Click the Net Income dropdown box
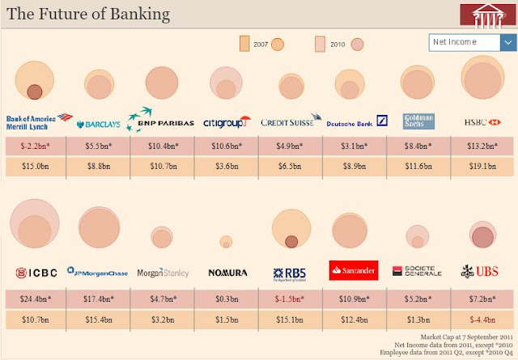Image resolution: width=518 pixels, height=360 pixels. click(465, 42)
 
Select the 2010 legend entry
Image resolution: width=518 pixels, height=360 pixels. click(338, 44)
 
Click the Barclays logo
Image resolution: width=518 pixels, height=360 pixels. click(98, 124)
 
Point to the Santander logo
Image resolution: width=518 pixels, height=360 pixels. click(353, 270)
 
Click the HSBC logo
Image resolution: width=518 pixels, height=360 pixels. click(482, 122)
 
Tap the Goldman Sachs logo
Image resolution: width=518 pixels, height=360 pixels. click(418, 121)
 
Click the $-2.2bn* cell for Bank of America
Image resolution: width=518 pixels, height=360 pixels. click(35, 146)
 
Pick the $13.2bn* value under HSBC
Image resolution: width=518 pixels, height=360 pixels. click(482, 146)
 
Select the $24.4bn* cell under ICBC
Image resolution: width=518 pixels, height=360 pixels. click(35, 298)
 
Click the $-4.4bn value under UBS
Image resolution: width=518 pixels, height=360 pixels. click(482, 318)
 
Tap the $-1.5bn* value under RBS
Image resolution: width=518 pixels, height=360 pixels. click(290, 298)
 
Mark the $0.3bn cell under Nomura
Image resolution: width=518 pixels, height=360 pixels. click(226, 298)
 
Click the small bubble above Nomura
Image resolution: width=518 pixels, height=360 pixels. click(226, 240)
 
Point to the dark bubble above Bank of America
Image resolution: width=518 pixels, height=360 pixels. click(34, 92)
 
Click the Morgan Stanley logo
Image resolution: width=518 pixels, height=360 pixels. click(163, 273)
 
